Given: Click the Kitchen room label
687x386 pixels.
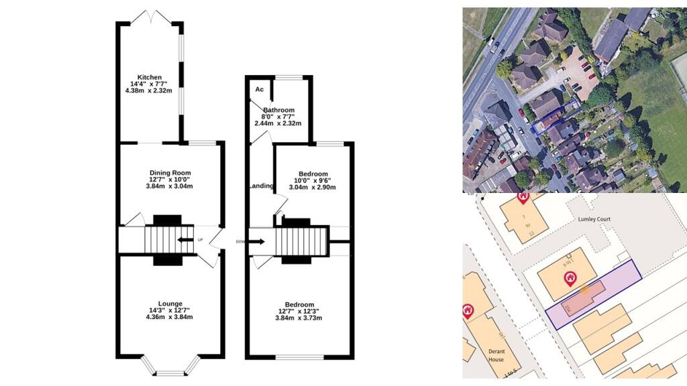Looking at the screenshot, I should pyautogui.click(x=150, y=77).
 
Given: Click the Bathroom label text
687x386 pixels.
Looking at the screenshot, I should pyautogui.click(x=278, y=110).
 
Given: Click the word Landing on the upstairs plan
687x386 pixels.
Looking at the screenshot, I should pyautogui.click(x=262, y=186).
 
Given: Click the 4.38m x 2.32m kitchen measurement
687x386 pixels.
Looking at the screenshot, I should pyautogui.click(x=150, y=90).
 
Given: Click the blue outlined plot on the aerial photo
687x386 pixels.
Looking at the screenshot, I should pyautogui.click(x=554, y=117).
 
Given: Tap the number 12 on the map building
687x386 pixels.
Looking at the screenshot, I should pyautogui.click(x=531, y=233).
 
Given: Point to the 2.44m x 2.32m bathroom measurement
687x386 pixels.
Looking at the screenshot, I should pyautogui.click(x=278, y=123).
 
